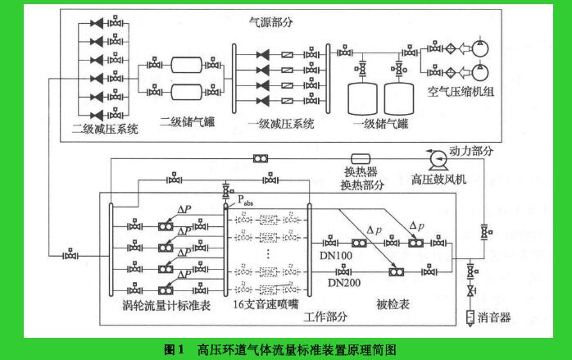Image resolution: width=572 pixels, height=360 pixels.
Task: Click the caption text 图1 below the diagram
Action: pyautogui.click(x=173, y=349)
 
